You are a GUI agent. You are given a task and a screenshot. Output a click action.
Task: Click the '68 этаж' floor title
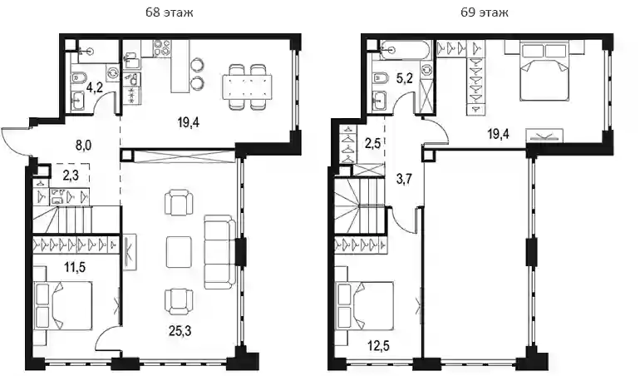point(170,12)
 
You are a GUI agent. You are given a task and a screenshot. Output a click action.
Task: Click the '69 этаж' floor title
point(485,12)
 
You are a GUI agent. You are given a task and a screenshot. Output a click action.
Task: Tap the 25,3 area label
point(180,330)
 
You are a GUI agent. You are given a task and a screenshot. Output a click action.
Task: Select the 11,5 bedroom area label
point(74,268)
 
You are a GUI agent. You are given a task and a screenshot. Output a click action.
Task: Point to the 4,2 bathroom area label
point(94,87)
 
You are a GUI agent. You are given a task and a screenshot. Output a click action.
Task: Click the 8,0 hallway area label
point(83,146)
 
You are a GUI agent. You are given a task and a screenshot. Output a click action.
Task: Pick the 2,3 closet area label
point(71,176)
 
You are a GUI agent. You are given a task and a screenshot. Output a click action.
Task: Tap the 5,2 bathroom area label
point(405,78)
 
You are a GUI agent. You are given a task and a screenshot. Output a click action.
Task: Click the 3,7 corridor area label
point(404,179)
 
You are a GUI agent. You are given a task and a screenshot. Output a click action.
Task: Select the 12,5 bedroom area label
point(377,346)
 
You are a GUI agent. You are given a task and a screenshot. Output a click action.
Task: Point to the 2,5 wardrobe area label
point(373,143)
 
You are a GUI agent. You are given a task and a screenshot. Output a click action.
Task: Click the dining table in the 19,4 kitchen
point(247,87)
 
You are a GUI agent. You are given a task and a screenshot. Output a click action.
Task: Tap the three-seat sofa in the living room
point(219,253)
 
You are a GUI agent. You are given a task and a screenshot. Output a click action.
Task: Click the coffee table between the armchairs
point(179,252)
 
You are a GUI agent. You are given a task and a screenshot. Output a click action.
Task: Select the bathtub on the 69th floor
point(404,50)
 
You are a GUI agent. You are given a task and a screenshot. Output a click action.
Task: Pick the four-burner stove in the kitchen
point(162,48)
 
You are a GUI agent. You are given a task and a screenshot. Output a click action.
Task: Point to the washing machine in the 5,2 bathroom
point(426,69)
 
